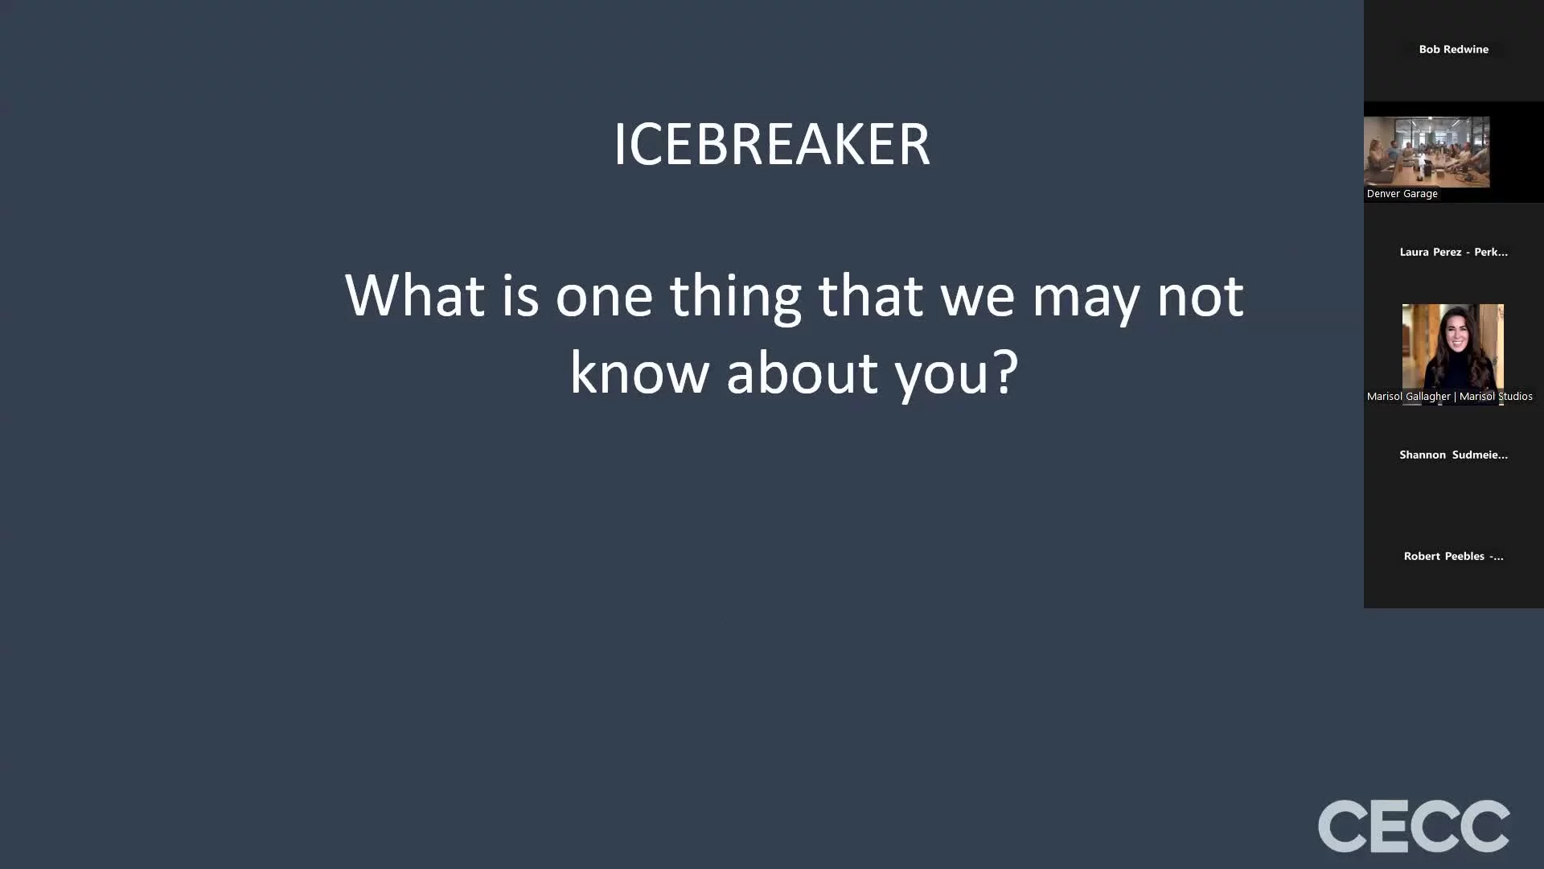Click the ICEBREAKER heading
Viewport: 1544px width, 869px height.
(x=772, y=145)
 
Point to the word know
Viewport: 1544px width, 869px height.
(x=639, y=373)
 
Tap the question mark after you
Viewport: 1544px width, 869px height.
(x=1005, y=372)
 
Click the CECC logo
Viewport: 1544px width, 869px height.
(x=1414, y=826)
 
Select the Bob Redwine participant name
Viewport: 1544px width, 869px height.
(x=1453, y=49)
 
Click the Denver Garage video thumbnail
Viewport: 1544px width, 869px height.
(x=1427, y=152)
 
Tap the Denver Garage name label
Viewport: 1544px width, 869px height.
(x=1402, y=194)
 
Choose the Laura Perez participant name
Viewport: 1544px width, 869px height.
(x=1453, y=252)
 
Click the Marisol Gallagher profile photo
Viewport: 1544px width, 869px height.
(x=1452, y=347)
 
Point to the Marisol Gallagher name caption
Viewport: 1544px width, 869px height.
(x=1449, y=396)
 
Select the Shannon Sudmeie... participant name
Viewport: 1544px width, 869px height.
(x=1453, y=455)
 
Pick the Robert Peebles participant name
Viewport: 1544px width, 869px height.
(x=1453, y=556)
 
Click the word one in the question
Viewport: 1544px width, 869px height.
(x=604, y=299)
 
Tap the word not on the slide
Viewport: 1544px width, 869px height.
(x=1201, y=297)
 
